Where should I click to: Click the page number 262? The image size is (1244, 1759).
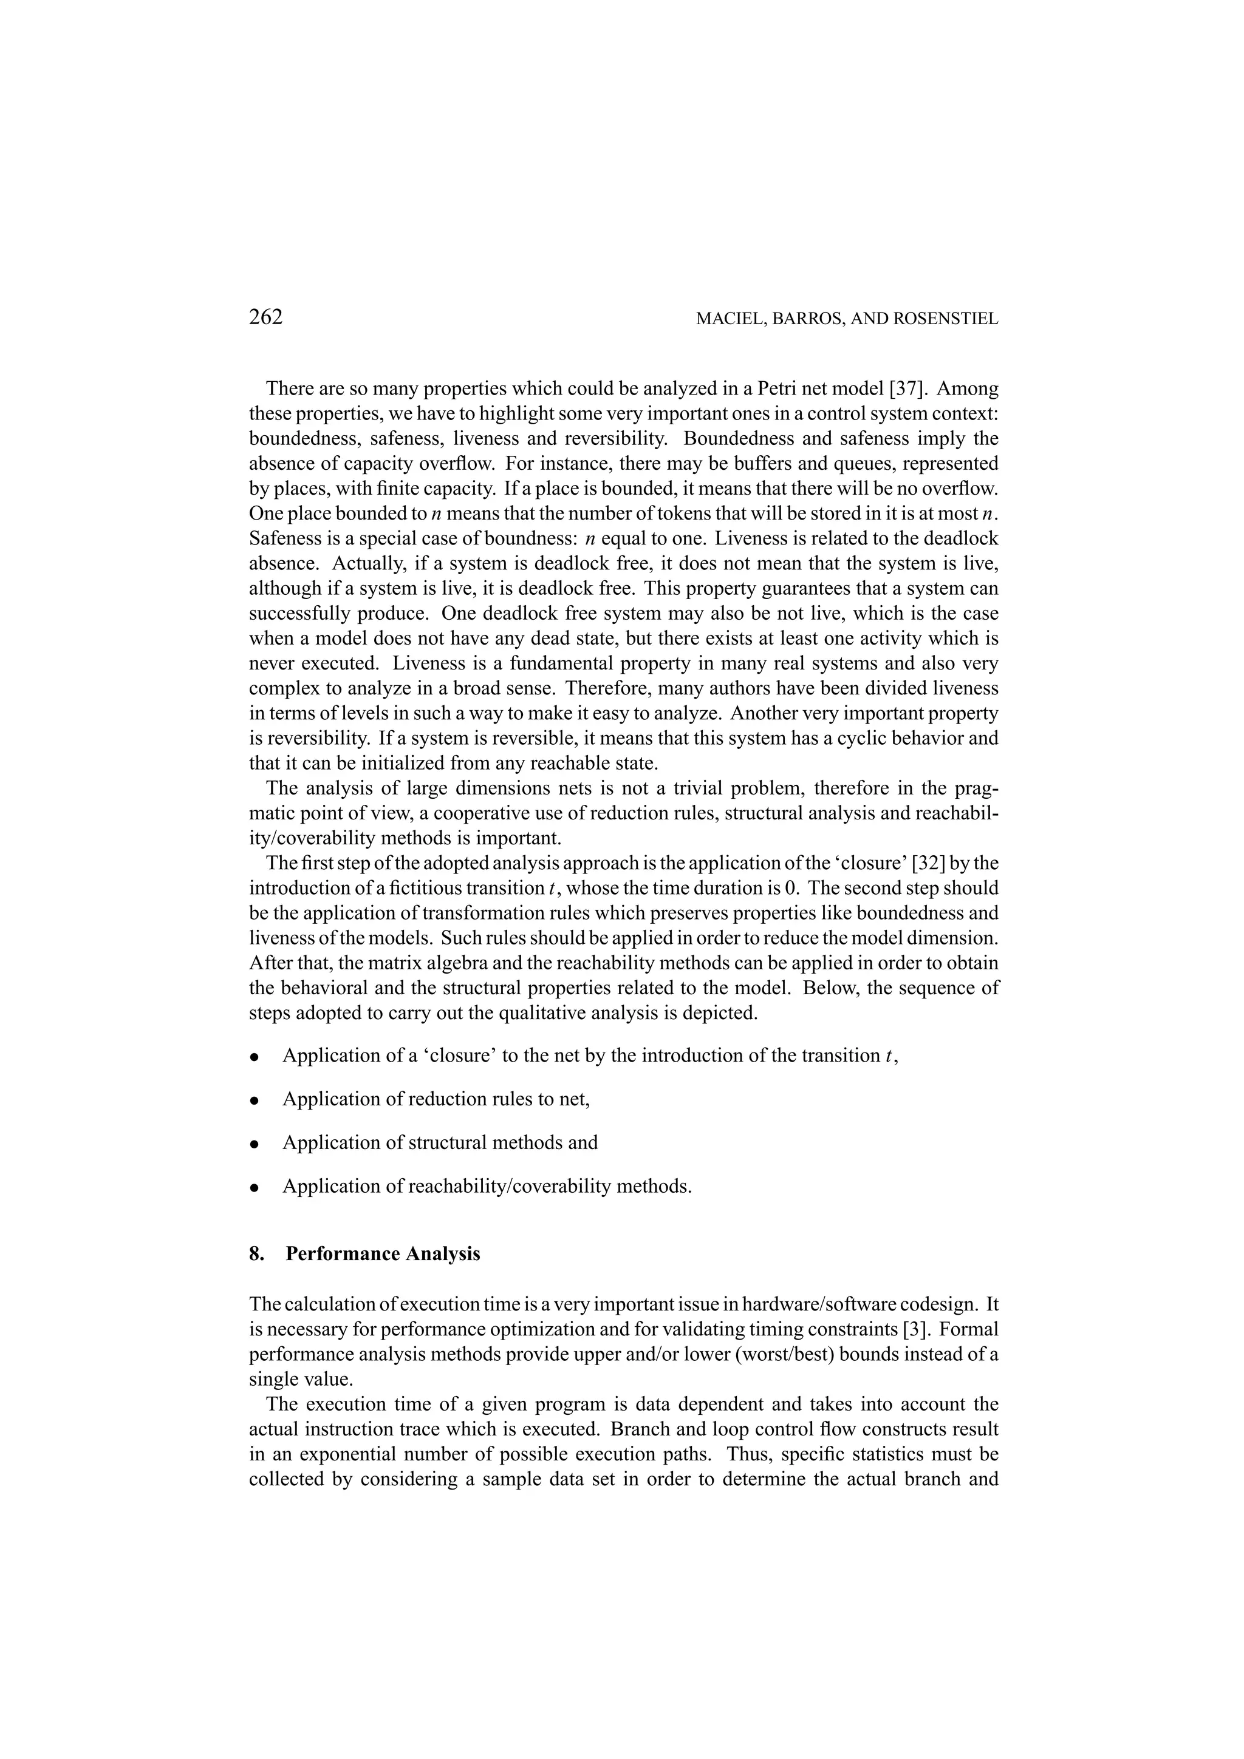pyautogui.click(x=266, y=317)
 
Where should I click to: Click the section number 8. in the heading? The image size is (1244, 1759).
pyautogui.click(x=257, y=1254)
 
